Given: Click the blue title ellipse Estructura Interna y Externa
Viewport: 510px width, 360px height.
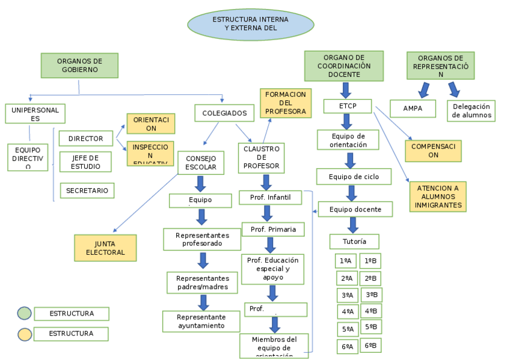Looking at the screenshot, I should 251,24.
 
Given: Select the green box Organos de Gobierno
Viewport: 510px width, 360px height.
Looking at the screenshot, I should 79,66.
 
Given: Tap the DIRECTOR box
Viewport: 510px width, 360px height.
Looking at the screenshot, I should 86,139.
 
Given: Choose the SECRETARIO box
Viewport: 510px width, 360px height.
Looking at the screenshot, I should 87,191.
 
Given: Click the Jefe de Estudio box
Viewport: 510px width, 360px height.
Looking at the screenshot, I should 85,162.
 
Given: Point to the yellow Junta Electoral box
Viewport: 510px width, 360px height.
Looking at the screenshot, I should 105,248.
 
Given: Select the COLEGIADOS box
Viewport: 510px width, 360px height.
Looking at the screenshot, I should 224,113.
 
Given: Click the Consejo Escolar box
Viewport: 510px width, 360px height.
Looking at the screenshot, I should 201,162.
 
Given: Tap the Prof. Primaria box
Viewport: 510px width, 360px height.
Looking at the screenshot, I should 273,230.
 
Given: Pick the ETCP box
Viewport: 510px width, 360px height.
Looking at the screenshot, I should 348,106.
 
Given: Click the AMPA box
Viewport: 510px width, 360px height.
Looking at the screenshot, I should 413,109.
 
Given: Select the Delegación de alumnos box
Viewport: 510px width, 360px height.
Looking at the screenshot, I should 471,111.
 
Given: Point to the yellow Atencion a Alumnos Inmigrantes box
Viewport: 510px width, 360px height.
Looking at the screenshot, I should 438,197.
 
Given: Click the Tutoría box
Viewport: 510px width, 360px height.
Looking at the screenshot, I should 354,242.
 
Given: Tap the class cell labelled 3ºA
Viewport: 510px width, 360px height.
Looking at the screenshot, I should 347,296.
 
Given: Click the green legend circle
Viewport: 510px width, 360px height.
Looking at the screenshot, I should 24,314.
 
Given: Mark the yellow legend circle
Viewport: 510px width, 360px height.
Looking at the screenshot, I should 24,334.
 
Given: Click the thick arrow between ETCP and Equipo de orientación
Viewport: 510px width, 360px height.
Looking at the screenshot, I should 347,121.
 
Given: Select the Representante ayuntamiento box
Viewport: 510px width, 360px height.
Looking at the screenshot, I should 201,322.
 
